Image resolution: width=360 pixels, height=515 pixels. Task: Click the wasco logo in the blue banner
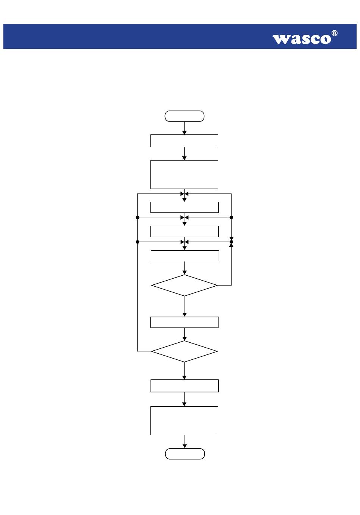coord(305,37)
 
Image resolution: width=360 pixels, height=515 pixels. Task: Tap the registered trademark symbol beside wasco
coord(334,33)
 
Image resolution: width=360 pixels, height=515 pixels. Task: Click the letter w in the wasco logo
coord(280,39)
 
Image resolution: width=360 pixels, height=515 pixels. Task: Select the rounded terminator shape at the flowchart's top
coord(184,116)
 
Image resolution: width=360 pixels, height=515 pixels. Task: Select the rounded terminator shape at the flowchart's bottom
coord(185,454)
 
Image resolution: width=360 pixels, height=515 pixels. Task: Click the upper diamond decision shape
coord(184,285)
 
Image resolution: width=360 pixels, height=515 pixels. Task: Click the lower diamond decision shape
coord(184,351)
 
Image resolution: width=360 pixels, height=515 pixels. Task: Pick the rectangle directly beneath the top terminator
coord(184,141)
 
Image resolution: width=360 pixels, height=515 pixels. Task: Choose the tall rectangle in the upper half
coord(184,175)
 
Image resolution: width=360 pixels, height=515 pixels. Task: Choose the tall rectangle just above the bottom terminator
coord(184,420)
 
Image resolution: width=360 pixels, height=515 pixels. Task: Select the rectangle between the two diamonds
coord(184,322)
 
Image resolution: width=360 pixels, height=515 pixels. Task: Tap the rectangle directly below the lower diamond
coord(185,385)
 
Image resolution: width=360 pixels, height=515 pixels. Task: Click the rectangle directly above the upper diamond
coord(185,256)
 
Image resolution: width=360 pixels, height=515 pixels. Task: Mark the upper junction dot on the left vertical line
coord(138,217)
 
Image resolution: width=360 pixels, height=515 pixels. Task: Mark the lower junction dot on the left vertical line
coord(138,242)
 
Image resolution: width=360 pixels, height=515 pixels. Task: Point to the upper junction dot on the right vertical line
coord(232,217)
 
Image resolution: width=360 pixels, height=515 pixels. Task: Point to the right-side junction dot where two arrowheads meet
coord(232,242)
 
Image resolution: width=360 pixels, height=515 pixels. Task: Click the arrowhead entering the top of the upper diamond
coord(184,273)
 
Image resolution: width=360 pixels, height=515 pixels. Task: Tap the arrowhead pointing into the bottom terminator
coord(185,446)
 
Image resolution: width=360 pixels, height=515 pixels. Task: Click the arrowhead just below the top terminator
coord(184,133)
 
